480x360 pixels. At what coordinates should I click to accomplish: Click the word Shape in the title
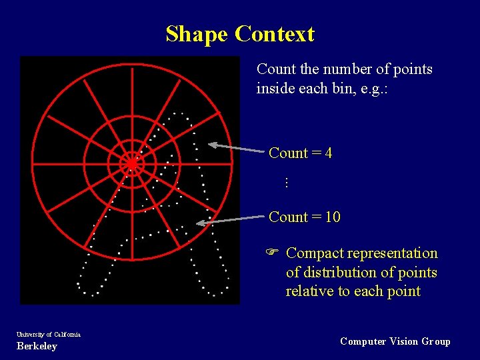[197, 34]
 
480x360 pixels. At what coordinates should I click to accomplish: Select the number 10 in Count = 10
[333, 217]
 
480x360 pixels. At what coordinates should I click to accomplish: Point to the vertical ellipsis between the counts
[285, 182]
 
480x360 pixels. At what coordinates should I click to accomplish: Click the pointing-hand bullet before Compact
[272, 253]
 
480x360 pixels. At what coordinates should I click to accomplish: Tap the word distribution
[333, 272]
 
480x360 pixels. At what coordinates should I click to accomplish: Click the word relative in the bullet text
[307, 291]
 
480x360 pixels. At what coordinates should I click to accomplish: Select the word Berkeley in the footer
[37, 346]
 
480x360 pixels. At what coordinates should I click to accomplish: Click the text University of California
[48, 334]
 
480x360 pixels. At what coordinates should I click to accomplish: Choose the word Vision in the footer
[404, 341]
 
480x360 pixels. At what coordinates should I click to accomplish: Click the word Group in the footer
[437, 341]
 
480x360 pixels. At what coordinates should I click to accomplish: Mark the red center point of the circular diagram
[132, 163]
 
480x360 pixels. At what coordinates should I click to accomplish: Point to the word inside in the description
[275, 88]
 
